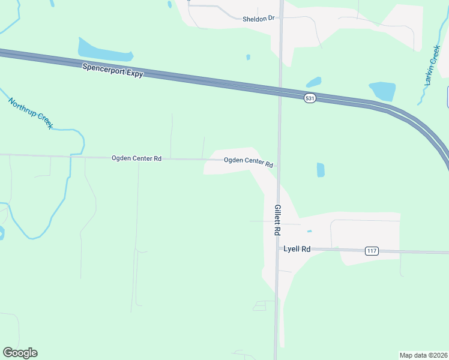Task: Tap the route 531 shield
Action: click(310, 98)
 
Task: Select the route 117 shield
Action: click(371, 251)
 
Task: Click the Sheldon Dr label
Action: click(258, 19)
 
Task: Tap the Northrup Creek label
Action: click(31, 113)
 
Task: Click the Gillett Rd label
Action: click(277, 220)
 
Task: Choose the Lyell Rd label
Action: click(297, 248)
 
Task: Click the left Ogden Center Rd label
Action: click(136, 158)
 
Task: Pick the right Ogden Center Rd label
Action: click(249, 162)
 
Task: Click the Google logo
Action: click(20, 353)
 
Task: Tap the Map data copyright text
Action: click(423, 355)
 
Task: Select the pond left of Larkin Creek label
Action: click(382, 91)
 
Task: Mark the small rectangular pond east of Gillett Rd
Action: click(321, 170)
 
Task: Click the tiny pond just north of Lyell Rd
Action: click(309, 231)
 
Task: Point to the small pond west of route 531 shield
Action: click(313, 82)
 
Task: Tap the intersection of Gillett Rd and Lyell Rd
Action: click(277, 248)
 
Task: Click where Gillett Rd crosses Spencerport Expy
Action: click(279, 91)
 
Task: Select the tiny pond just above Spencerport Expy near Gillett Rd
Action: click(248, 57)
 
